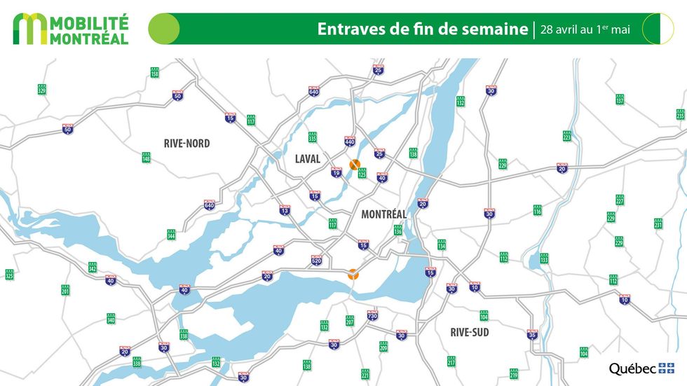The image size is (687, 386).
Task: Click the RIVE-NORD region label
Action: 186,143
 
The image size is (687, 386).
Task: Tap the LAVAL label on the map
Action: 307,159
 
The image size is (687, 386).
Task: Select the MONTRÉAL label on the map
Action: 383,214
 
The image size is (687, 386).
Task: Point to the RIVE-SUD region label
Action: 470,331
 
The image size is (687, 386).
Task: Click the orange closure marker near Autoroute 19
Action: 355,165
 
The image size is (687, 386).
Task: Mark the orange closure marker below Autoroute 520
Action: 354,275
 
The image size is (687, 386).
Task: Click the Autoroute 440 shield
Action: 350,142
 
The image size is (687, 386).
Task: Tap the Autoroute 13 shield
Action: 284,210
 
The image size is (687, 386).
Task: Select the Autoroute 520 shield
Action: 316,261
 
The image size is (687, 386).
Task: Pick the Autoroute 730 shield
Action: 372,315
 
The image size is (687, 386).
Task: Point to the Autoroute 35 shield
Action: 532,334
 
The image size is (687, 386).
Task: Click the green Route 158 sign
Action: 154,72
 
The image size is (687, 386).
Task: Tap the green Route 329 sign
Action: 41,90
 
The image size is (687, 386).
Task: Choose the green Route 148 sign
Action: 146,158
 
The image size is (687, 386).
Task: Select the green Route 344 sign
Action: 171,235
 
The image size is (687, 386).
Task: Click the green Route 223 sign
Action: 566,136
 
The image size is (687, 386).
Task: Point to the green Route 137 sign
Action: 620,99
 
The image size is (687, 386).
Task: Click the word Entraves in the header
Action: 348,29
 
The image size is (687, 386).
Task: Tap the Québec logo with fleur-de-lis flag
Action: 641,368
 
